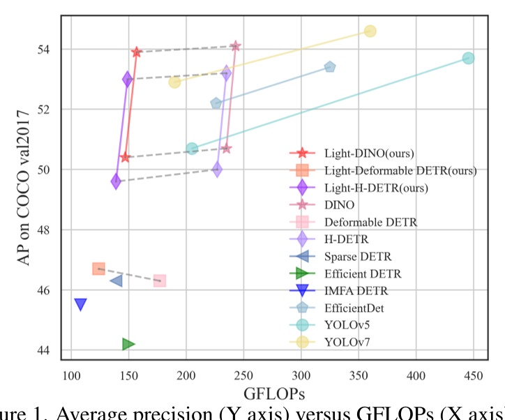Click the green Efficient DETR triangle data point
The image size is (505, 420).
pyautogui.click(x=128, y=344)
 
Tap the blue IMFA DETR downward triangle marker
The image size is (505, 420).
pyautogui.click(x=80, y=304)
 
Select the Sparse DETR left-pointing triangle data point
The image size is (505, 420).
pyautogui.click(x=116, y=280)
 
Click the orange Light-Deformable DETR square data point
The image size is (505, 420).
pyautogui.click(x=98, y=269)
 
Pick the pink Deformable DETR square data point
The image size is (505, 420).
pyautogui.click(x=160, y=280)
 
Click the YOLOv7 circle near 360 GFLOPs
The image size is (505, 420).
pyautogui.click(x=370, y=31)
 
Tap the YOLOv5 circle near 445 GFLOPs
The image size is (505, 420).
pyautogui.click(x=469, y=58)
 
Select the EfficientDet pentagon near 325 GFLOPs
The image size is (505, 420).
pyautogui.click(x=330, y=67)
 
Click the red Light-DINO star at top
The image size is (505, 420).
pyautogui.click(x=137, y=52)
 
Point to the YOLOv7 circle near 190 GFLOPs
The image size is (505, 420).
pyautogui.click(x=174, y=82)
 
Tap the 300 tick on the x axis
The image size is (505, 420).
pyautogui.click(x=301, y=374)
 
